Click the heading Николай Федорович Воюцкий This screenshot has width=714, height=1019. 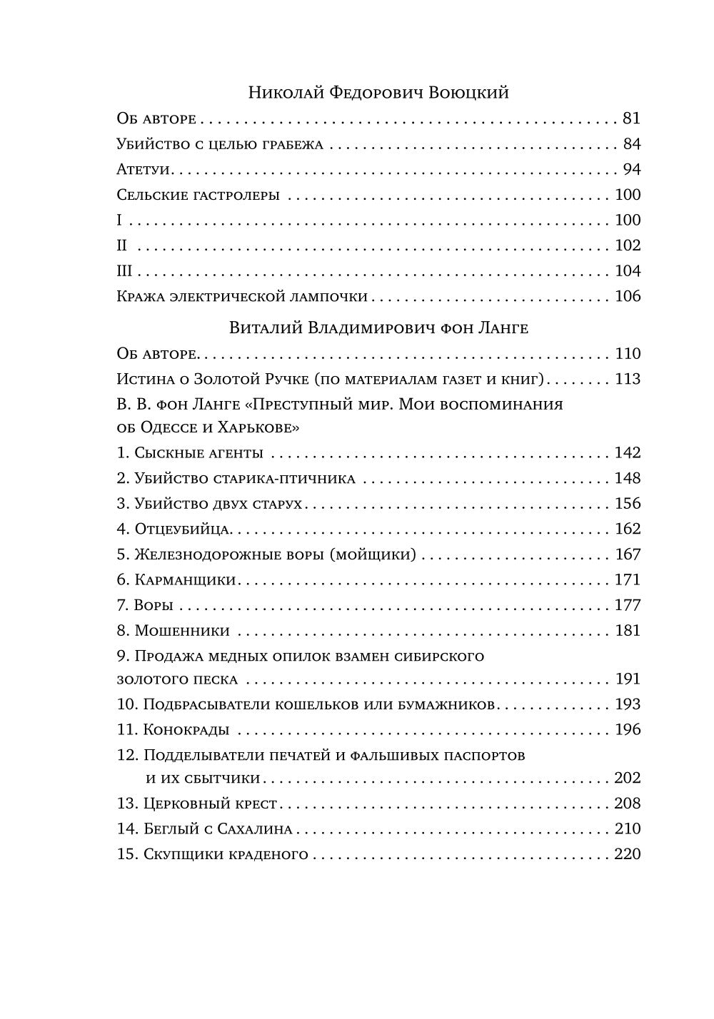click(378, 93)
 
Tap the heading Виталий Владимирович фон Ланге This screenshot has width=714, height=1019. click(378, 328)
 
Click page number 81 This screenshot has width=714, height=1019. click(631, 118)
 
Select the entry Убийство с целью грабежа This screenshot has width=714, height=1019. click(220, 144)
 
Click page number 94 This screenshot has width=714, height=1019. click(631, 170)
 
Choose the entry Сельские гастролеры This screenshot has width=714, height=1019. click(198, 195)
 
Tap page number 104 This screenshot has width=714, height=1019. click(628, 271)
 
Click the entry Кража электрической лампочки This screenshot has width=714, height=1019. click(242, 296)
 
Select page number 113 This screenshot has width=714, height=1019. click(628, 379)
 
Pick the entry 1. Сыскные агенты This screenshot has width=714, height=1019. click(190, 453)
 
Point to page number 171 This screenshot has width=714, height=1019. click(628, 580)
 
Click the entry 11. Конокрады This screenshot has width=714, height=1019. click(174, 730)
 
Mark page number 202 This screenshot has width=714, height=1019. click(628, 778)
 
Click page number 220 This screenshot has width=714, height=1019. click(628, 854)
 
